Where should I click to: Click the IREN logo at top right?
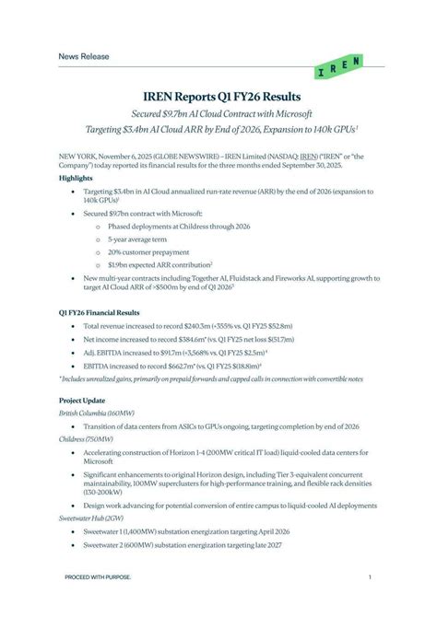(338, 65)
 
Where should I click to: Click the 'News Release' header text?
(84, 56)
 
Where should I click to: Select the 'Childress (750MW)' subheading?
(86, 440)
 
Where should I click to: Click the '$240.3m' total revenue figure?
(197, 326)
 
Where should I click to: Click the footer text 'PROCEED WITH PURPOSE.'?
(97, 577)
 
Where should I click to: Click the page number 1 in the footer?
(369, 577)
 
